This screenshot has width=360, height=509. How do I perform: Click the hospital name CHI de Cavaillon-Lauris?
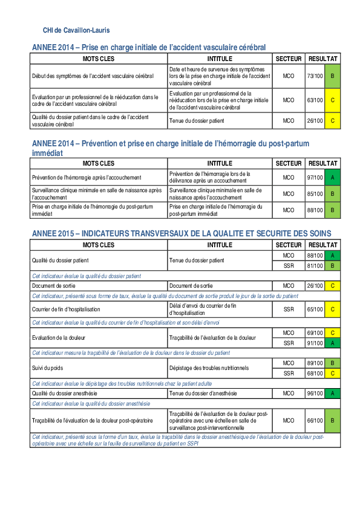(x=76, y=30)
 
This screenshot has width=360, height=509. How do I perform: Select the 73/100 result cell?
(x=315, y=76)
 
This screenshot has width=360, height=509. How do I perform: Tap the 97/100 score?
(x=315, y=178)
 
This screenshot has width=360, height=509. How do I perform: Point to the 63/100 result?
(x=315, y=100)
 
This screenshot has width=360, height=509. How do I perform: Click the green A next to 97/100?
(x=332, y=178)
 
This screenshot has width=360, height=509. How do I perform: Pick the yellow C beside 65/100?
(x=332, y=309)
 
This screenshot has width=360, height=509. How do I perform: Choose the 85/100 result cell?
(x=315, y=194)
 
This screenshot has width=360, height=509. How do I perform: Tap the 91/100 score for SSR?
(x=315, y=343)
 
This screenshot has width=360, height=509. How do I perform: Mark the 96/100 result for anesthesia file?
(x=315, y=393)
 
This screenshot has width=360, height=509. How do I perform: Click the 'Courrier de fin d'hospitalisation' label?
(x=66, y=309)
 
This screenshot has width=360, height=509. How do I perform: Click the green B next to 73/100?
(x=332, y=76)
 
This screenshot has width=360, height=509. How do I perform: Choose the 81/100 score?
(x=315, y=265)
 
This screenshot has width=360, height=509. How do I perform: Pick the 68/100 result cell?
(x=315, y=372)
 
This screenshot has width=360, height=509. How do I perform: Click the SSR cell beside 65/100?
(x=289, y=309)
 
